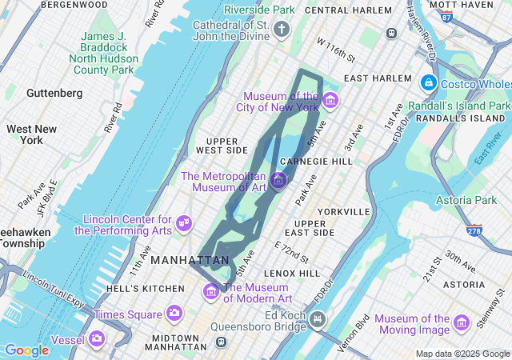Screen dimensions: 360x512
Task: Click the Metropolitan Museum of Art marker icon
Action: pyautogui.click(x=278, y=180)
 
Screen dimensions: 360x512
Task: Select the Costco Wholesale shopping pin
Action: pyautogui.click(x=428, y=82)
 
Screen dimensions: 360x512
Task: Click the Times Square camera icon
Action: pyautogui.click(x=174, y=314)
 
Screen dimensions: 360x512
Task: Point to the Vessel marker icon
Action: pyautogui.click(x=97, y=338)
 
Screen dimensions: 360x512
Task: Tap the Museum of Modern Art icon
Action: pyautogui.click(x=211, y=291)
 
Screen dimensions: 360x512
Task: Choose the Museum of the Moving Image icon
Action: pyautogui.click(x=461, y=322)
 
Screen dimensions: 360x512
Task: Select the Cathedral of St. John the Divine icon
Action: pyautogui.click(x=281, y=30)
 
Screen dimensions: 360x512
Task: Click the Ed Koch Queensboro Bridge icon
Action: pyautogui.click(x=318, y=321)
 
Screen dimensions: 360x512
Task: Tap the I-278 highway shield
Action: pyautogui.click(x=475, y=230)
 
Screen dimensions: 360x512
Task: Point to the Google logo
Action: pyautogui.click(x=26, y=350)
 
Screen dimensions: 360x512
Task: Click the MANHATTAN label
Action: pyautogui.click(x=190, y=261)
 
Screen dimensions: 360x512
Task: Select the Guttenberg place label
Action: pyautogui.click(x=54, y=93)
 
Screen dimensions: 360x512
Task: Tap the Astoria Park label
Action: pyautogui.click(x=466, y=199)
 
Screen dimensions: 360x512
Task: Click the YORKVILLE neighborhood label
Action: pyautogui.click(x=343, y=212)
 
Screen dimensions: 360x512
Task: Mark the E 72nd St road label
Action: pyautogui.click(x=292, y=252)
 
